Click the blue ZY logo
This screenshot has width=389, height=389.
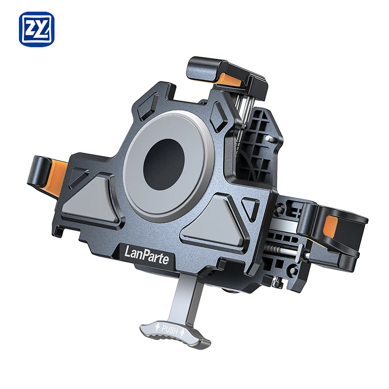37,29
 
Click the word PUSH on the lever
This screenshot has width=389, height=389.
170,330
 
